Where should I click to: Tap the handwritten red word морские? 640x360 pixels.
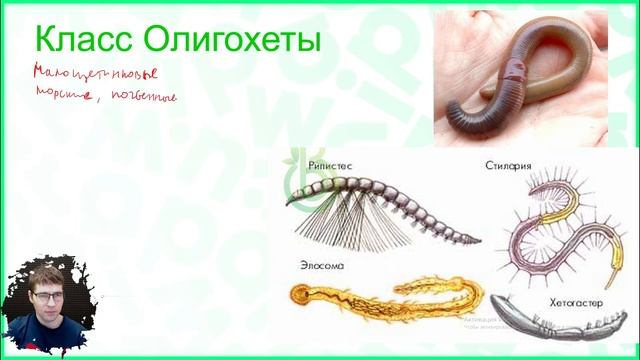pyautogui.click(x=60, y=97)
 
